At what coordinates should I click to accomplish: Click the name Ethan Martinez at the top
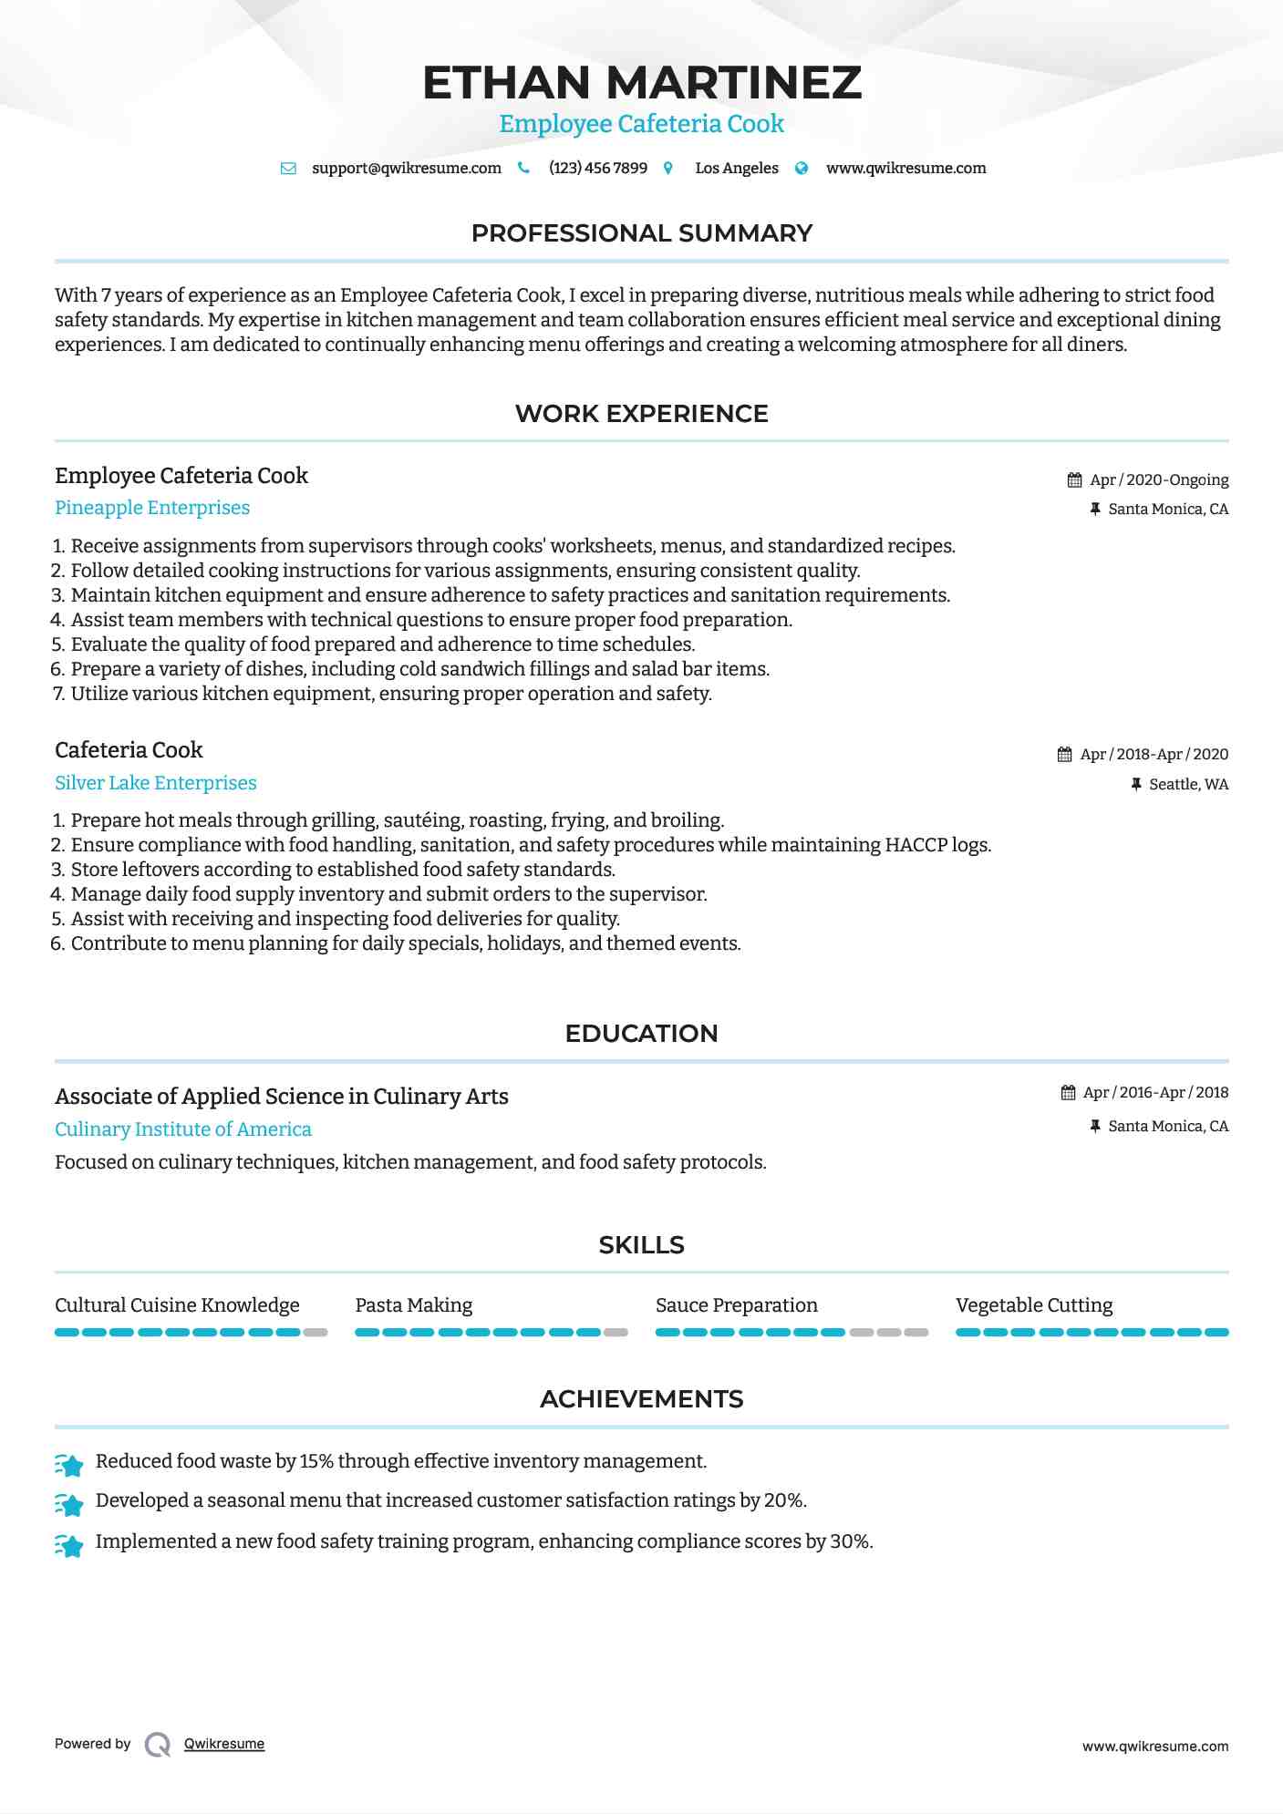point(642,82)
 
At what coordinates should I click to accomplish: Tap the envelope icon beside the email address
point(288,169)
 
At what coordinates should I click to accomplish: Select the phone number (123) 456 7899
point(598,169)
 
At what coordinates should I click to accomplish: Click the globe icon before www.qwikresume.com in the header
point(802,169)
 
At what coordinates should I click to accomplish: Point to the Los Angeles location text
point(737,169)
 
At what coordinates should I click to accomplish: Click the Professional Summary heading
point(642,233)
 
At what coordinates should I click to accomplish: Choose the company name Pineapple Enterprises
point(152,508)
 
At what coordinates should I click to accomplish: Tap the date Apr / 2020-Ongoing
point(1159,480)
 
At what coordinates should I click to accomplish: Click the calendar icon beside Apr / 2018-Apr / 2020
point(1064,755)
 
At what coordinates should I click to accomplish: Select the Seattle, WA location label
point(1188,785)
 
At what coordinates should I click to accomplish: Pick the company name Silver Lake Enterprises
point(156,783)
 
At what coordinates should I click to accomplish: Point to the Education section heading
point(642,1034)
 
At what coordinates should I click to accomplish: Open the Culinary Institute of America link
point(183,1129)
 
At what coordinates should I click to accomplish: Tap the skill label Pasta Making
point(414,1305)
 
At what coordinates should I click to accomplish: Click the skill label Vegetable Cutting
point(1034,1305)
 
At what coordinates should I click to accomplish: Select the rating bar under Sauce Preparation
point(792,1333)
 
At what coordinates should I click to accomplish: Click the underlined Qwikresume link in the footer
point(224,1744)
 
